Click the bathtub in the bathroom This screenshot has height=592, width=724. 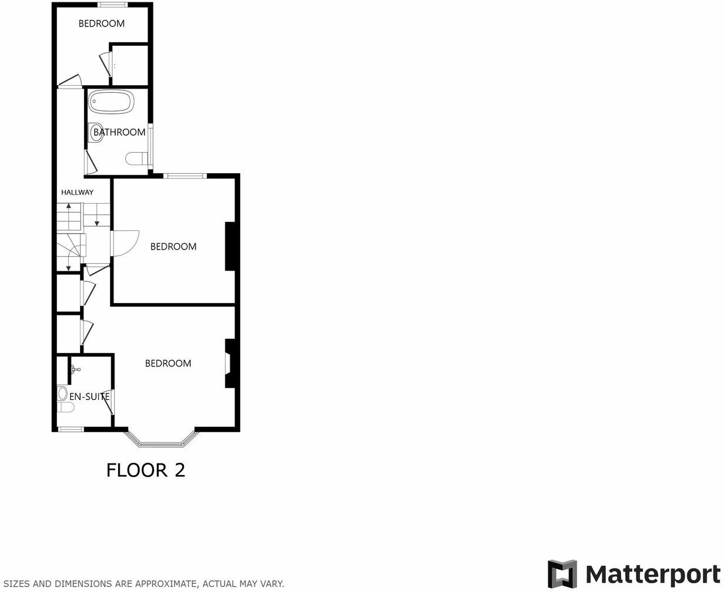tap(111, 102)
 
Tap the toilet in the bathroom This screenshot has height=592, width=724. tap(137, 159)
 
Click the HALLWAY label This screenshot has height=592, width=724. tap(78, 192)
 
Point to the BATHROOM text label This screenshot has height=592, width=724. tap(119, 132)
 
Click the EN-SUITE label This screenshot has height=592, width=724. tap(89, 396)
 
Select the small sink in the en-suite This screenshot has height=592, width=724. tap(75, 370)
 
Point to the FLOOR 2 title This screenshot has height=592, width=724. tap(146, 470)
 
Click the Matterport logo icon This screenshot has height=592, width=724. tap(562, 574)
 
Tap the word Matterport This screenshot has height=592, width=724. tap(653, 574)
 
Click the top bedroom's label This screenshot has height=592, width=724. tap(102, 23)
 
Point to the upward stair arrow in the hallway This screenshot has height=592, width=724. tap(69, 207)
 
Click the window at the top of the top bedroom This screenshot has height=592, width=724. tap(112, 5)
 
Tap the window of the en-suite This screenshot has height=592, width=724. tap(71, 429)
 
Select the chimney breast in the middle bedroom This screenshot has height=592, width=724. tap(230, 246)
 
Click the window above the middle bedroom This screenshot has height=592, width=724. tap(185, 175)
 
